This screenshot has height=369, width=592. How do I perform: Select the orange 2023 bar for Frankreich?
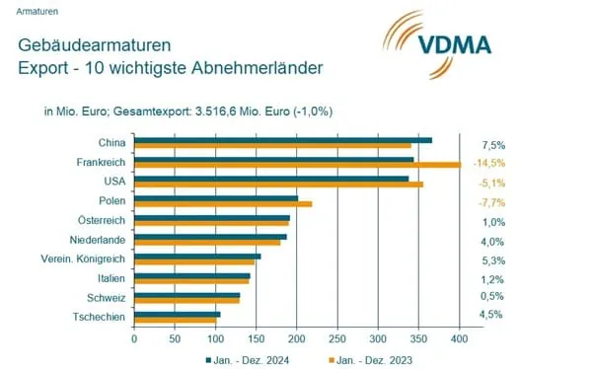pyautogui.click(x=297, y=165)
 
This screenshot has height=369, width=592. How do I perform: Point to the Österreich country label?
pyautogui.click(x=101, y=219)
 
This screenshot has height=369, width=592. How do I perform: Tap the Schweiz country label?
pyautogui.click(x=106, y=297)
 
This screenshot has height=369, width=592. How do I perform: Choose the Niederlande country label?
pyautogui.click(x=97, y=239)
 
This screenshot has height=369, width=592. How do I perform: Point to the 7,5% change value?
pyautogui.click(x=491, y=144)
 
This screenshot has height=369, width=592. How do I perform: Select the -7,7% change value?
pyautogui.click(x=490, y=201)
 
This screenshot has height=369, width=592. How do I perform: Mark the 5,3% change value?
pyautogui.click(x=491, y=259)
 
